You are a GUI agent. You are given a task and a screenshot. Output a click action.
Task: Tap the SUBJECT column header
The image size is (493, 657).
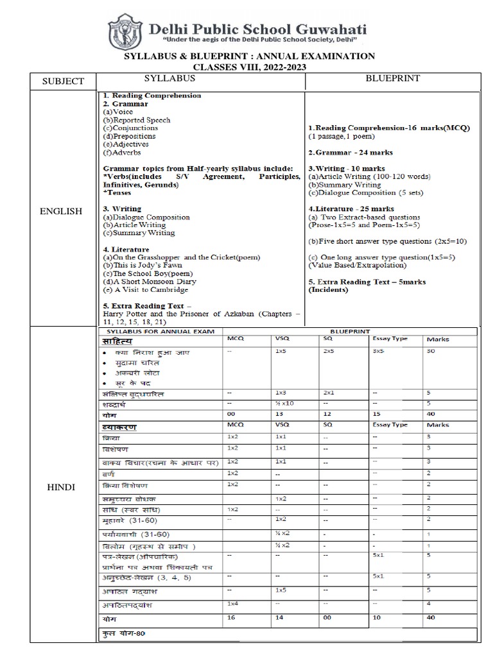(63, 81)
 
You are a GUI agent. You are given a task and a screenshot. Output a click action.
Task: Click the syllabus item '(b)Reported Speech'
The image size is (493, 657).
(137, 120)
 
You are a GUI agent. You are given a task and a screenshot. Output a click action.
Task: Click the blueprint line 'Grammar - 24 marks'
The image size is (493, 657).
(350, 153)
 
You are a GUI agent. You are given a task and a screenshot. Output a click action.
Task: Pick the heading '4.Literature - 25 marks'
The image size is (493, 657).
(351, 209)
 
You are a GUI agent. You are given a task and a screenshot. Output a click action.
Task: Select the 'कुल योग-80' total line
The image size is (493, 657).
(125, 633)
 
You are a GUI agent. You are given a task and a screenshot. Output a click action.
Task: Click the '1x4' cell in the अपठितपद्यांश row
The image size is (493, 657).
(232, 604)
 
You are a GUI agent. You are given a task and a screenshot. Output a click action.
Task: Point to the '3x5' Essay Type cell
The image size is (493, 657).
(379, 352)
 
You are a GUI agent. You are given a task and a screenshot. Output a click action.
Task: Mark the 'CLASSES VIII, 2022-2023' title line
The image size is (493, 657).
(250, 67)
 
